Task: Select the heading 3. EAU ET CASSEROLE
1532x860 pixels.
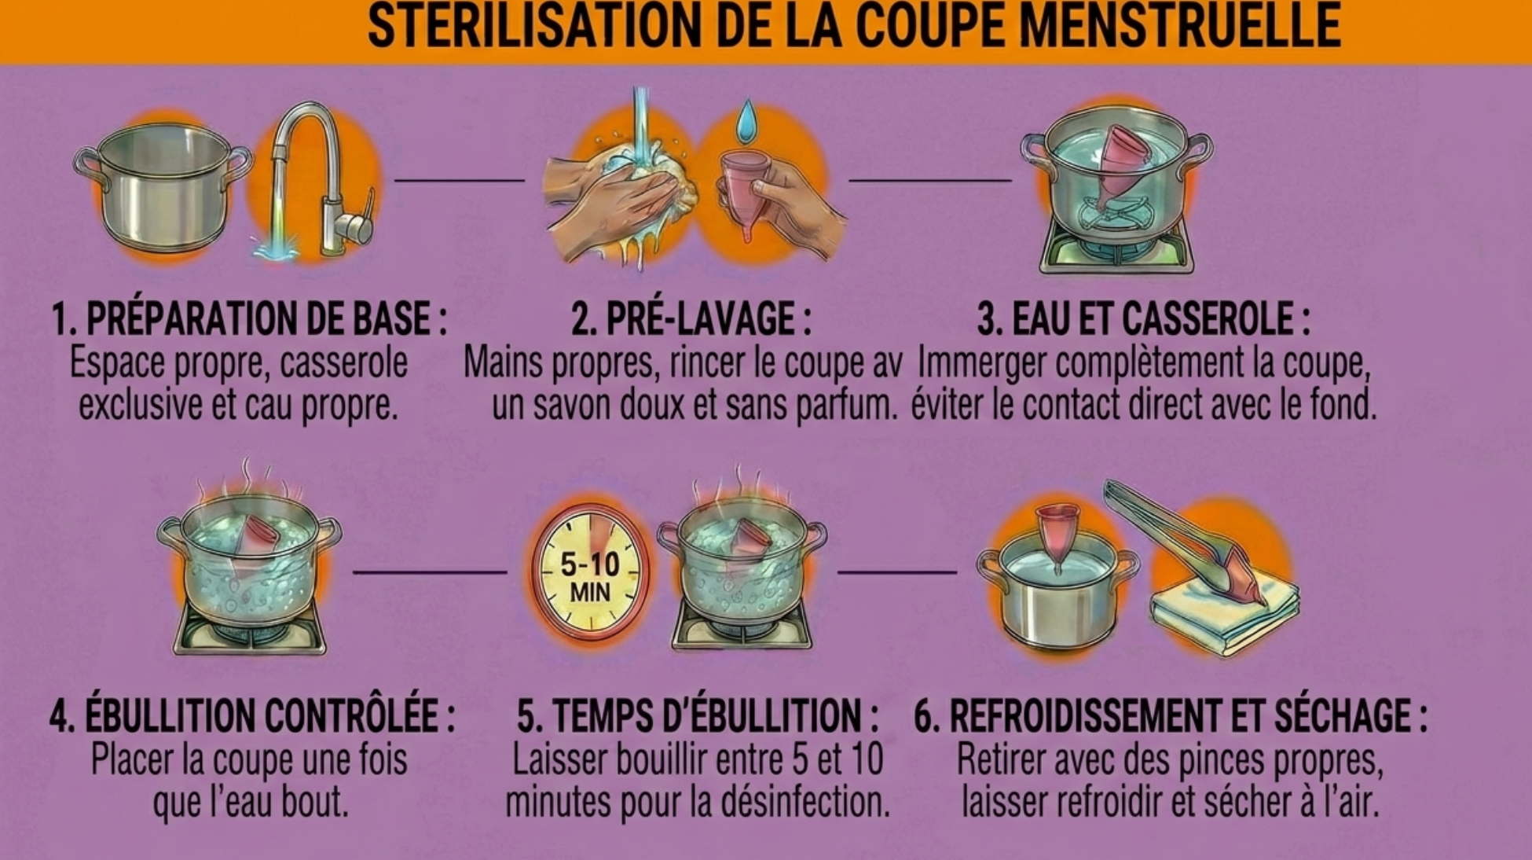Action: coord(1143,318)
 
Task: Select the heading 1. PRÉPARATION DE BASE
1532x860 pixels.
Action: coord(248,318)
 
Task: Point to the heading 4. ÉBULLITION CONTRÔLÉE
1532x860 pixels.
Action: coord(251,715)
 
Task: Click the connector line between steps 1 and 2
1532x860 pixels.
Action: coord(460,181)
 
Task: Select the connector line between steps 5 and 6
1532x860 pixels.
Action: coord(897,572)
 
